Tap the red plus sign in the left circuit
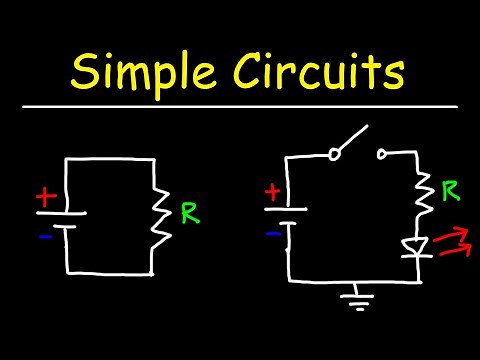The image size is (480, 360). tap(44, 198)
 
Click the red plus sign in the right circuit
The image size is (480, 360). tap(272, 192)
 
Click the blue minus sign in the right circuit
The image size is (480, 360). tap(272, 233)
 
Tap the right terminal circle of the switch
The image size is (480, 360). tap(382, 153)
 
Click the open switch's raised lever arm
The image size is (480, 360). tap(356, 140)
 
